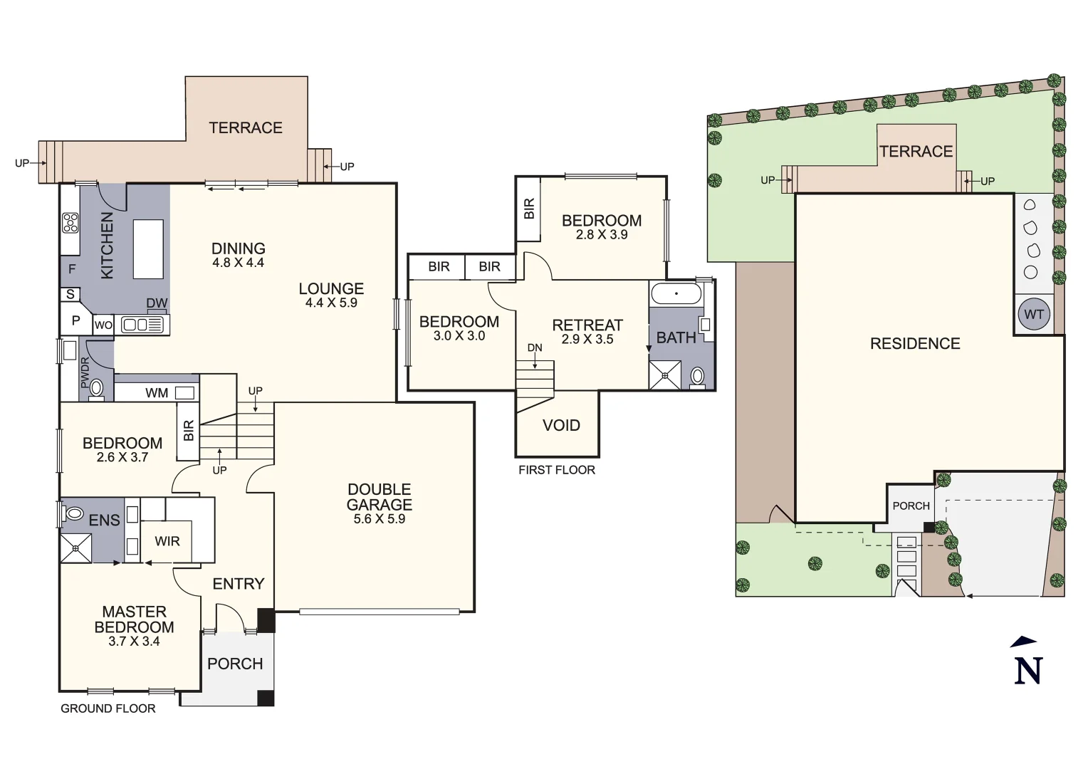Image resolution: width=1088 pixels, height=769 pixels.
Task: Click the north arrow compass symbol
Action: pos(1027,662)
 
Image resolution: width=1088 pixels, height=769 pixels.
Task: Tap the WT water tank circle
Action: pos(1034,314)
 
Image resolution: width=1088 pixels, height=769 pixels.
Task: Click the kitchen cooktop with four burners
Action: pos(70,223)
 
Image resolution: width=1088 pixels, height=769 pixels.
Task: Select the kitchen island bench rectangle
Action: pos(148,249)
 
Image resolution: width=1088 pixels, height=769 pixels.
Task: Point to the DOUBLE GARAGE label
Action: pos(379,497)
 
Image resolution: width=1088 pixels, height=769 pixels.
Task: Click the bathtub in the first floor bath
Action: pos(676,293)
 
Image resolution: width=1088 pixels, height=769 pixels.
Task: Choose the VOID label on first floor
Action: pos(561,425)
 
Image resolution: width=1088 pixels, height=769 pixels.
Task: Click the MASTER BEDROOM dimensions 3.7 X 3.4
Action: pos(134,642)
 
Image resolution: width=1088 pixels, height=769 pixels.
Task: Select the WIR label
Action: pos(167,541)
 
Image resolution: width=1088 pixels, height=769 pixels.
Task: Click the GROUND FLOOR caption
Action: pos(108,708)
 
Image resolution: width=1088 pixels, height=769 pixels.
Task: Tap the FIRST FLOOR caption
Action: pos(557,470)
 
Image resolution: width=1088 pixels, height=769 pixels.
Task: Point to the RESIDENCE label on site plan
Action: pos(915,344)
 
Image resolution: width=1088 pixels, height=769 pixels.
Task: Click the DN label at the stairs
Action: pos(535,347)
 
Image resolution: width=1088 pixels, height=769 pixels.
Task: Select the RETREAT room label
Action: pos(587,325)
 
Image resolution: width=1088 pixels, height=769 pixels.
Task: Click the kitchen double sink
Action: pos(142,325)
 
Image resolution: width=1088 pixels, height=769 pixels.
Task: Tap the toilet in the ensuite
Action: pos(74,513)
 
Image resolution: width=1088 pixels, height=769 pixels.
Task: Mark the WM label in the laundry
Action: pos(157,393)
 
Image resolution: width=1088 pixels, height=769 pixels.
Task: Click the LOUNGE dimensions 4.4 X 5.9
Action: pos(331,303)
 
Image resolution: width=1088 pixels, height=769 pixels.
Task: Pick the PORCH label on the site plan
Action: pos(911,506)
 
